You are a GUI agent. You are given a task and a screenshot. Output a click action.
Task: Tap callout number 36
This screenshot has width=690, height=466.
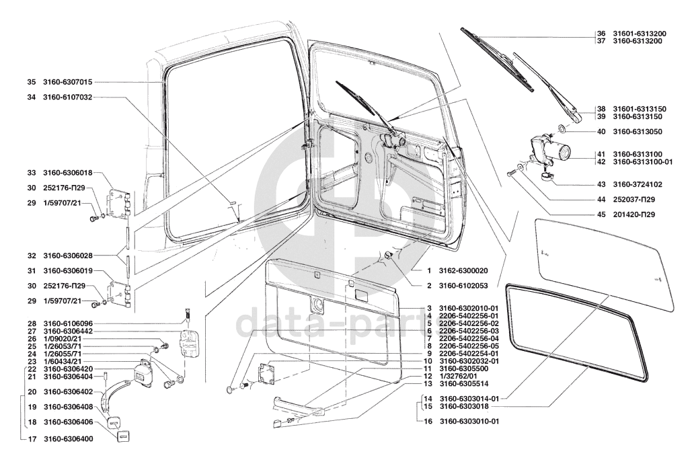tap(601, 34)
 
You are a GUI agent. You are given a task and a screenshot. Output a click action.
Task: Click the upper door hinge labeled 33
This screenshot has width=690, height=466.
tap(118, 201)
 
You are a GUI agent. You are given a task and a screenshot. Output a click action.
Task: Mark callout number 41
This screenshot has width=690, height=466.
tap(601, 154)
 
